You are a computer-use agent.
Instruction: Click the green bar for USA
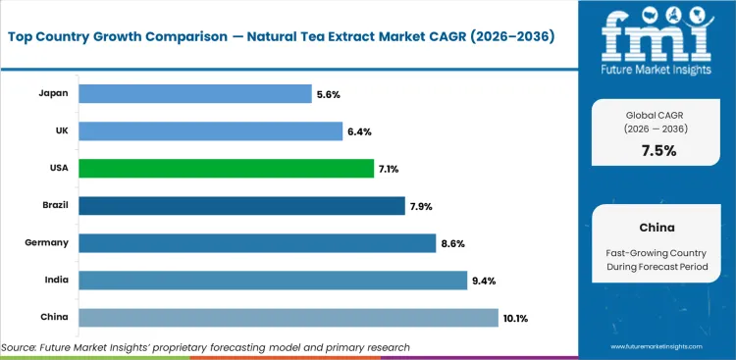(x=225, y=169)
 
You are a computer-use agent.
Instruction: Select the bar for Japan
(x=194, y=93)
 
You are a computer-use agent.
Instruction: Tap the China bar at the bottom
(x=288, y=318)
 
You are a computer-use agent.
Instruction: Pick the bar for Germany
(x=256, y=243)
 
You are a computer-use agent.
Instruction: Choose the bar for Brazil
(x=241, y=206)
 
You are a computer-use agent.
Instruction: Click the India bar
(x=272, y=281)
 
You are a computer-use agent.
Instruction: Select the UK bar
(x=210, y=130)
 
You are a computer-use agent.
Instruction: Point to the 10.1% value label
(x=517, y=318)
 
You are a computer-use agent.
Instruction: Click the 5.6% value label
(x=329, y=93)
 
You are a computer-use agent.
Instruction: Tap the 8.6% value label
(x=453, y=243)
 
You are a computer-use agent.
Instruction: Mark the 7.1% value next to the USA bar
(x=390, y=169)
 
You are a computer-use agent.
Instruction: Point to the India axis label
(x=54, y=281)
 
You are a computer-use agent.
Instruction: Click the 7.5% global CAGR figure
(x=658, y=150)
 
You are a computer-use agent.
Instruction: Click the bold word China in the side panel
(x=657, y=227)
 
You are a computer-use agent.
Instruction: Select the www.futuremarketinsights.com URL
(x=660, y=347)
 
